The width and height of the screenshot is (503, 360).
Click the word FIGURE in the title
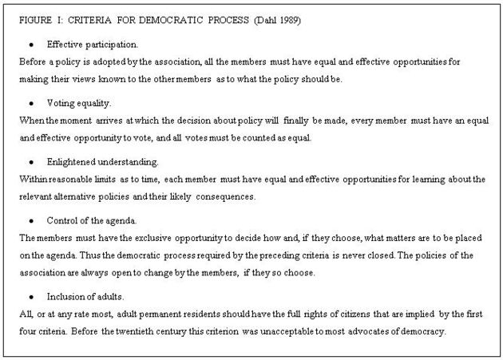(x=35, y=18)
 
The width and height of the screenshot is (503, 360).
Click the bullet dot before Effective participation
(x=31, y=44)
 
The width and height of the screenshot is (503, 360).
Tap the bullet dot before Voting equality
(x=31, y=103)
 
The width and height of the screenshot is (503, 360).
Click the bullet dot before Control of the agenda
(x=31, y=220)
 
